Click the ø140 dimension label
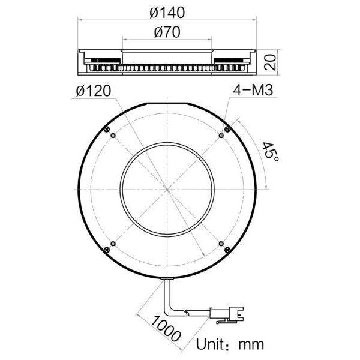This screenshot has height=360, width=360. pos(168,11)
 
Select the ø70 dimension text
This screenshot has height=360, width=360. pos(167,33)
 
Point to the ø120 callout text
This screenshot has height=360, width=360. pos(94,91)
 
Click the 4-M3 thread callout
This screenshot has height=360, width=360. pos(253,91)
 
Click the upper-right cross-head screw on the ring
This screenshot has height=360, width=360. pos(226,129)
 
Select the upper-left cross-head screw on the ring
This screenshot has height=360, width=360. pos(106,129)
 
